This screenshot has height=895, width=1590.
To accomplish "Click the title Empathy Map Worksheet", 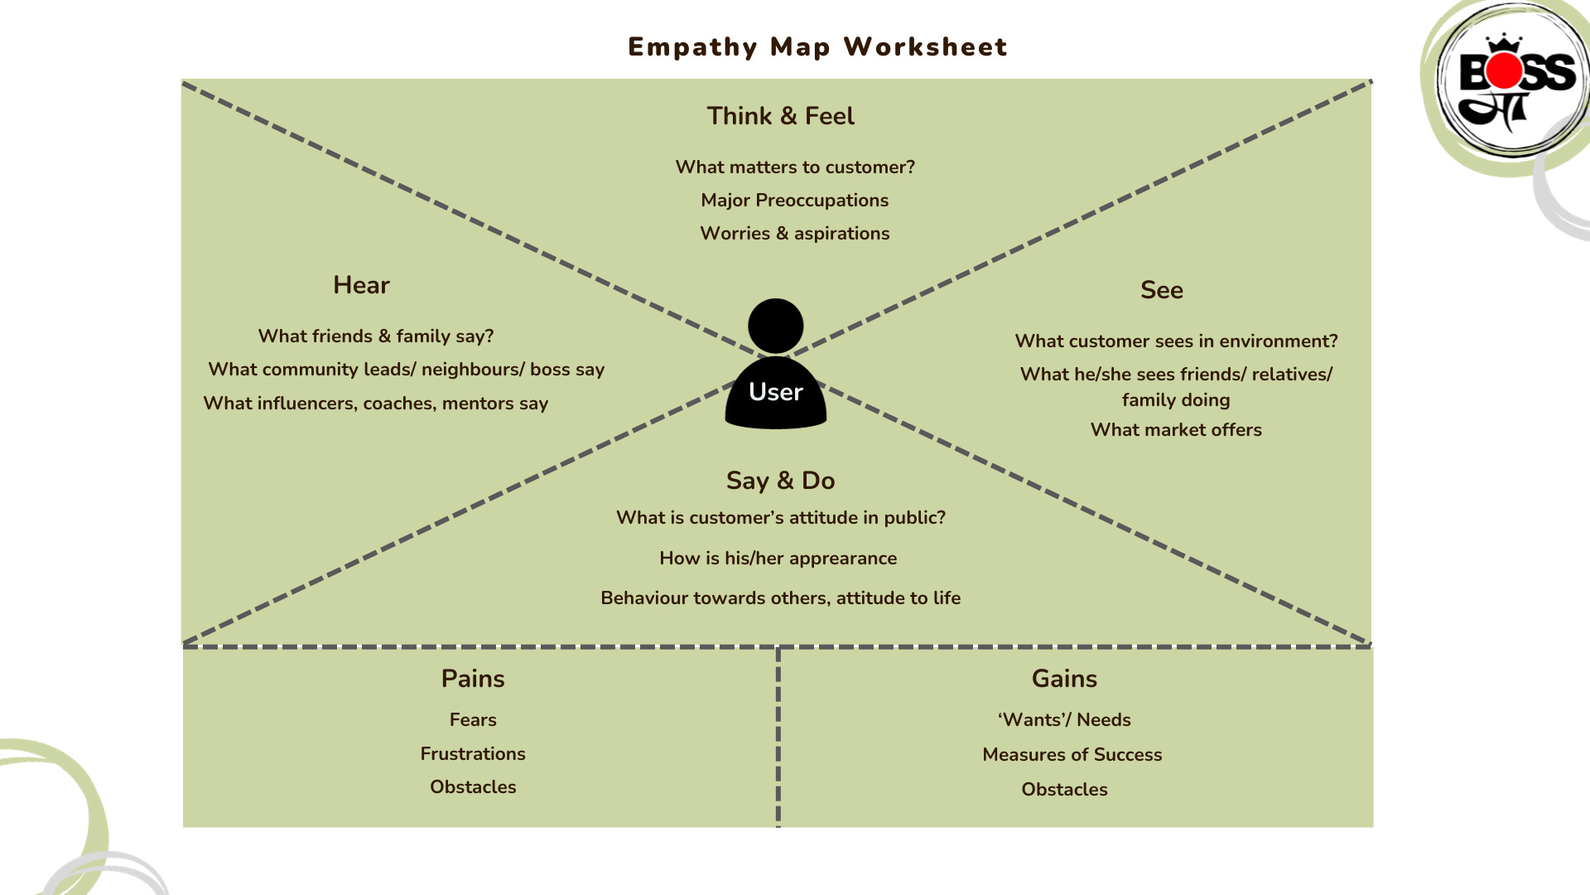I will tap(817, 47).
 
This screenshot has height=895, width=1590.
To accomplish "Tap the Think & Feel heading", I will tap(780, 116).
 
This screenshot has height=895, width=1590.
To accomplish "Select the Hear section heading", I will tap(361, 285).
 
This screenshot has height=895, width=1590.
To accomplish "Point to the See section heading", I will tap(1161, 290).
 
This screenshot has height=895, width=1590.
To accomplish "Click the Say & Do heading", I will tap(780, 481).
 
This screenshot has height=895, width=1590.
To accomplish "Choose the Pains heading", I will tap(473, 679).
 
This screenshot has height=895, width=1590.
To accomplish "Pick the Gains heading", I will tap(1064, 679).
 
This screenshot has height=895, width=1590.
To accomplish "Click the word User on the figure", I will tap(775, 392).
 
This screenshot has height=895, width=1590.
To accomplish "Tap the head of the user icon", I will tap(775, 326).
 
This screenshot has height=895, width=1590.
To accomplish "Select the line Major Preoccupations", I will tap(794, 201).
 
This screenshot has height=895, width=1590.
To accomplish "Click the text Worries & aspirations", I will tap(794, 234).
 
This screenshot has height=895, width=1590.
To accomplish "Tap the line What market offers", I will tap(1176, 430).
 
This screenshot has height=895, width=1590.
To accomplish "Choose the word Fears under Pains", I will tap(473, 720).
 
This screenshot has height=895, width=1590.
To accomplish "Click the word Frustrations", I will tap(473, 754).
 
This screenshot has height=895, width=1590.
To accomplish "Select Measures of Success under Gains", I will tap(1072, 755).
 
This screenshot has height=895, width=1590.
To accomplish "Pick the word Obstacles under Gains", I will tap(1064, 790).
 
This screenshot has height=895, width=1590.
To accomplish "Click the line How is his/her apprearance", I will tap(778, 559).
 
